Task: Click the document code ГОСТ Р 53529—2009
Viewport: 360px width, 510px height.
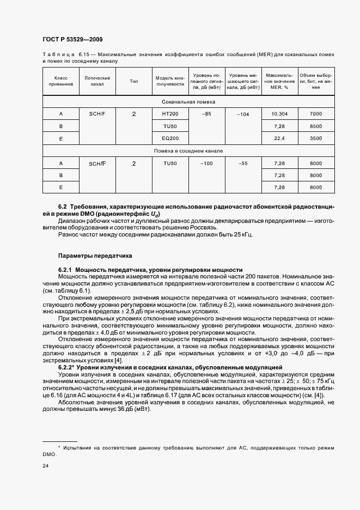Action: point(72,39)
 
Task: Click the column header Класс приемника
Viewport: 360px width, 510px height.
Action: point(61,81)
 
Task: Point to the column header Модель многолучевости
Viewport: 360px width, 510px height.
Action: point(170,81)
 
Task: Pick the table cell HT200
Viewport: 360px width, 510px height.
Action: point(170,113)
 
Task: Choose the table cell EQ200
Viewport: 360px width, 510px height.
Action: point(170,139)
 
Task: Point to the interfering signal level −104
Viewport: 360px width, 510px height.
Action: point(243,114)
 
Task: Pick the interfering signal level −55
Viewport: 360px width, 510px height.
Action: point(243,163)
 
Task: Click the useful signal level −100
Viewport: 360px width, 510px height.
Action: point(206,163)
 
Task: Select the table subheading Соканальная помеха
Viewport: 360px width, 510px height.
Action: point(188,102)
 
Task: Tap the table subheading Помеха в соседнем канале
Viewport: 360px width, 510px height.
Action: point(188,151)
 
